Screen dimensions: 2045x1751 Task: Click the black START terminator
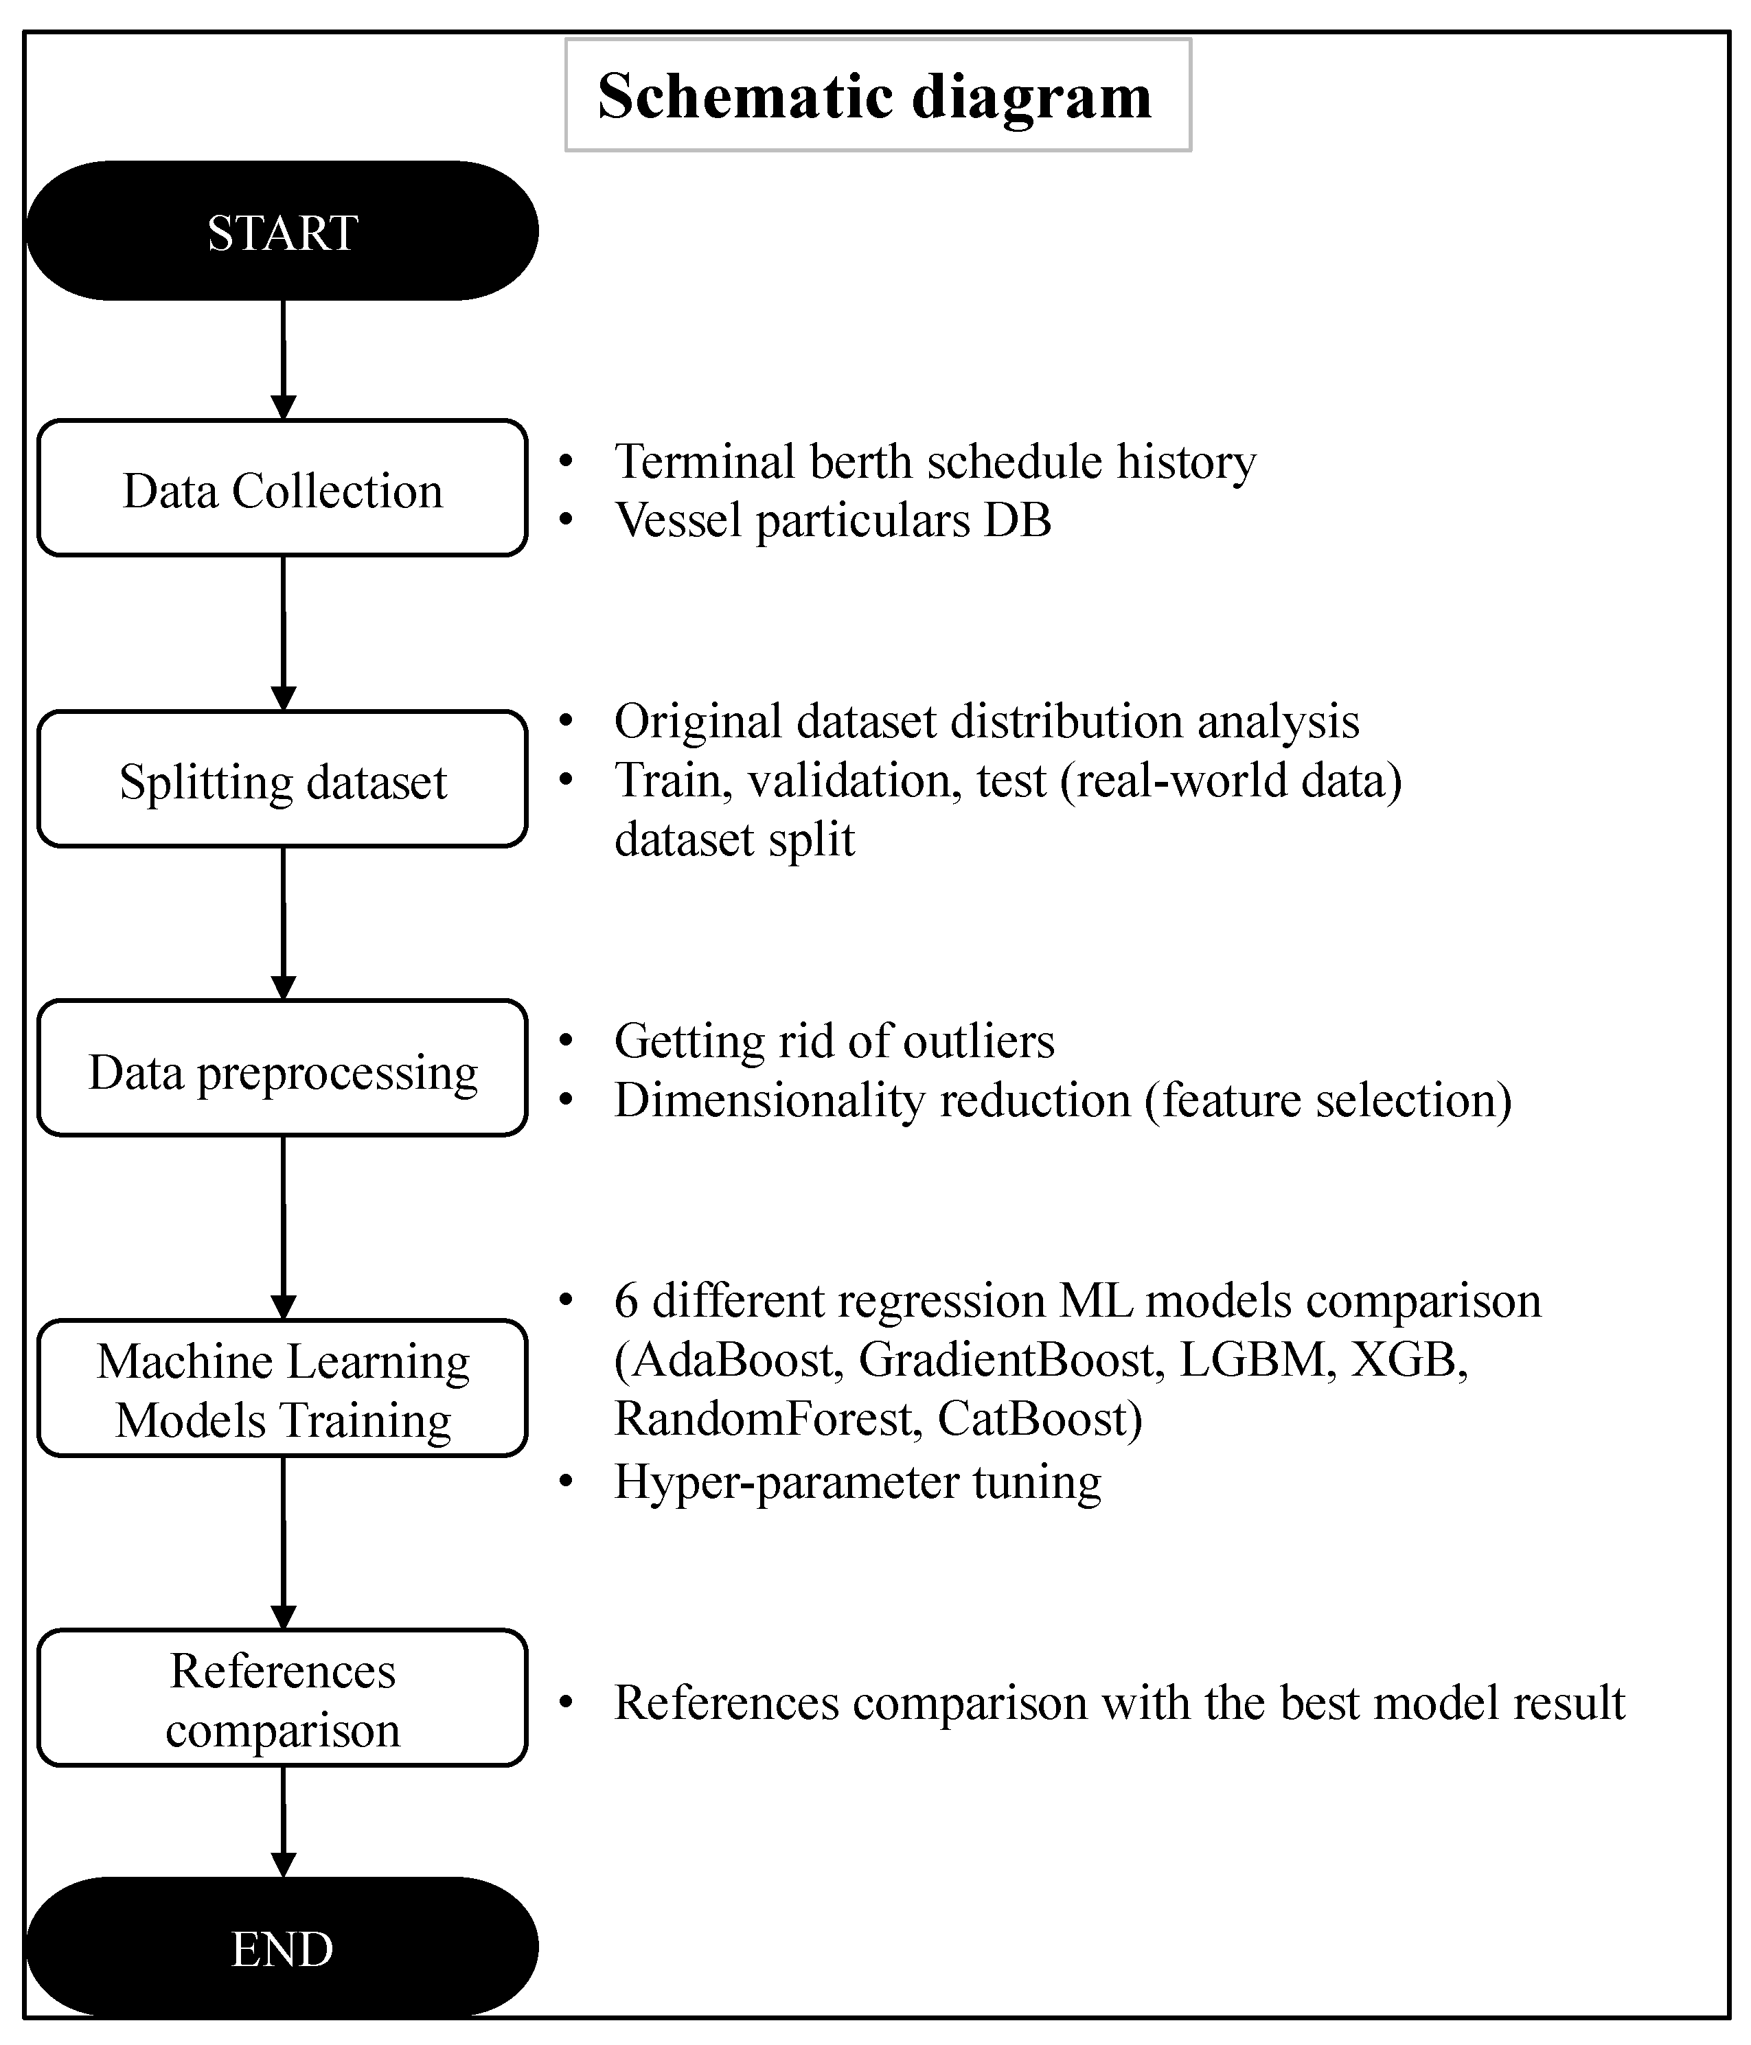tap(282, 231)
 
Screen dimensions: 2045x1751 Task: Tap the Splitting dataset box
tap(282, 780)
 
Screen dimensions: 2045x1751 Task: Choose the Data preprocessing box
tap(282, 1069)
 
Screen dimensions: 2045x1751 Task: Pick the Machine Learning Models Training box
tap(282, 1389)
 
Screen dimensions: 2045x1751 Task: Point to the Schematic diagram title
tap(875, 95)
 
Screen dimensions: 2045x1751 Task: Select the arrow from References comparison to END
tap(284, 1821)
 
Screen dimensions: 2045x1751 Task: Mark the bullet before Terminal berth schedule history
tap(566, 461)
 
